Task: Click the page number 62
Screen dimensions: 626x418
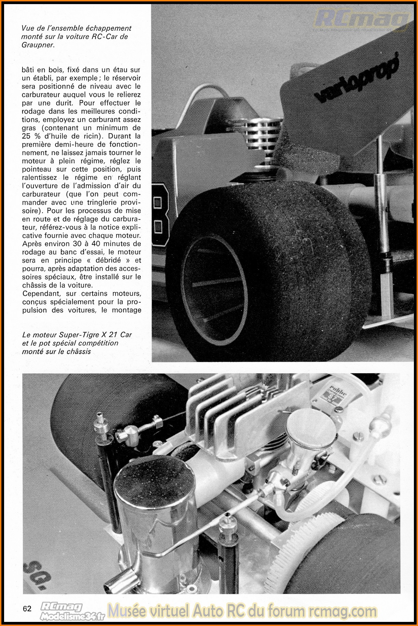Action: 27,608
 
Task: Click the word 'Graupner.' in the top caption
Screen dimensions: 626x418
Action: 38,45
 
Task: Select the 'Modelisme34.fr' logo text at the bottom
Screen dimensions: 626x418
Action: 72,616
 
